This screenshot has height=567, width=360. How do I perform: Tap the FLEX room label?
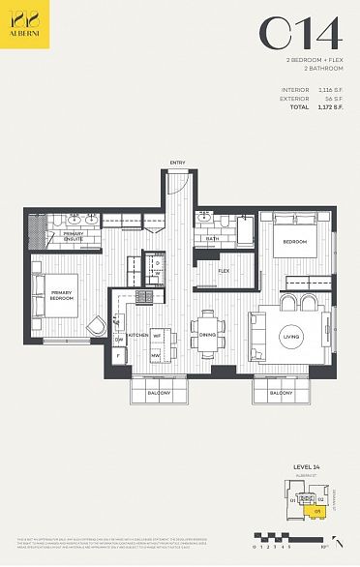[224, 272]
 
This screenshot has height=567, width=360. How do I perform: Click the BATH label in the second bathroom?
[212, 237]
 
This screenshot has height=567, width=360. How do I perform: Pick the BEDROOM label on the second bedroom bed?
[294, 241]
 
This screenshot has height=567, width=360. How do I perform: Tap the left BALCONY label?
[160, 393]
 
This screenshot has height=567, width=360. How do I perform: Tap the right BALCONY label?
[282, 393]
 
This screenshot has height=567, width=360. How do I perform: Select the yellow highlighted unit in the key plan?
[316, 510]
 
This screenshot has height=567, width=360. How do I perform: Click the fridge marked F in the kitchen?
[118, 356]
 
